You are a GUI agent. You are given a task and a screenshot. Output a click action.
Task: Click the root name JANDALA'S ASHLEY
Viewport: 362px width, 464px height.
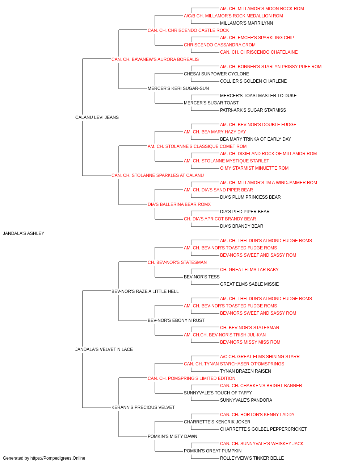coord(24,233)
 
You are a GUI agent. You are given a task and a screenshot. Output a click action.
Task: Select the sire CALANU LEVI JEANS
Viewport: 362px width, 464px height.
coord(97,117)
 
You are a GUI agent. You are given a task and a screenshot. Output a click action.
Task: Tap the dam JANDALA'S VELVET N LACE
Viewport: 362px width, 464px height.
coord(104,349)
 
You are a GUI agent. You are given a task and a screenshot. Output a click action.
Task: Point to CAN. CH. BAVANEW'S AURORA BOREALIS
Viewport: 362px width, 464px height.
coord(155,59)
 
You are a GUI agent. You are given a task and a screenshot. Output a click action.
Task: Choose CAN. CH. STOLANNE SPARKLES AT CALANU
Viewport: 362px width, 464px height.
coord(157,175)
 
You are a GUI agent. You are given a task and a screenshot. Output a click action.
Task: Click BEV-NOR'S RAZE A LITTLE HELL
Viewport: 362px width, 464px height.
coord(145,291)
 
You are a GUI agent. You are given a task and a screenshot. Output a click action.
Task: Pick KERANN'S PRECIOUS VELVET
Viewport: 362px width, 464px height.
coord(143,407)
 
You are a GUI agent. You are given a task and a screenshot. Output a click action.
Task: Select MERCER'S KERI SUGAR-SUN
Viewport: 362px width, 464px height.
coord(178,88)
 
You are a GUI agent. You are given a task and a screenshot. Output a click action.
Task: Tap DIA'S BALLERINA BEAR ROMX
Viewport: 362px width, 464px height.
coord(179,204)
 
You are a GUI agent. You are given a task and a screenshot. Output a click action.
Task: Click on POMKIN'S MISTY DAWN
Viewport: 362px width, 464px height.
coord(172,436)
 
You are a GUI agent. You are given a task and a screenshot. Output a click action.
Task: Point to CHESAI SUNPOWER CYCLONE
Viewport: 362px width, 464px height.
coord(216,74)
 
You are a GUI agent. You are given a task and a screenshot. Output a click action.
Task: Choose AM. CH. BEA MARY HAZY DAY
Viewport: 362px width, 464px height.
coord(215,132)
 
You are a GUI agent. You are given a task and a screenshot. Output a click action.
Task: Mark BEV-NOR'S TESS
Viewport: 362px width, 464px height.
coord(202,277)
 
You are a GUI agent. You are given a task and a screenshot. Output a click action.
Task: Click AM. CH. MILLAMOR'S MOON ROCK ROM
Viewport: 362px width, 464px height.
coord(262,9)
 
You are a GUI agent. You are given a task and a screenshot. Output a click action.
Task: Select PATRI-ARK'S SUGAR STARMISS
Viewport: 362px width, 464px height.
coord(253,110)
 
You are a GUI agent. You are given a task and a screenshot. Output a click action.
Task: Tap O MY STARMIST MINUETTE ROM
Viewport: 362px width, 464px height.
coord(254,168)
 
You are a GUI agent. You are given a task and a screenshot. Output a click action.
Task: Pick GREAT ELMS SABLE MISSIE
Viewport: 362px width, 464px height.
coord(249,284)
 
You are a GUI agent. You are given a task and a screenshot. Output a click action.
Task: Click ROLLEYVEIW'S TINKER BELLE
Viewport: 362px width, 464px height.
coord(252,458)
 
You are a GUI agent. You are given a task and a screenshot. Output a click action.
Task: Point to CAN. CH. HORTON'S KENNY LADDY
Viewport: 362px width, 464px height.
coord(257,415)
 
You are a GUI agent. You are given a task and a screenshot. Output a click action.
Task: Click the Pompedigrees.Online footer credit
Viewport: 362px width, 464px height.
coord(44,458)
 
